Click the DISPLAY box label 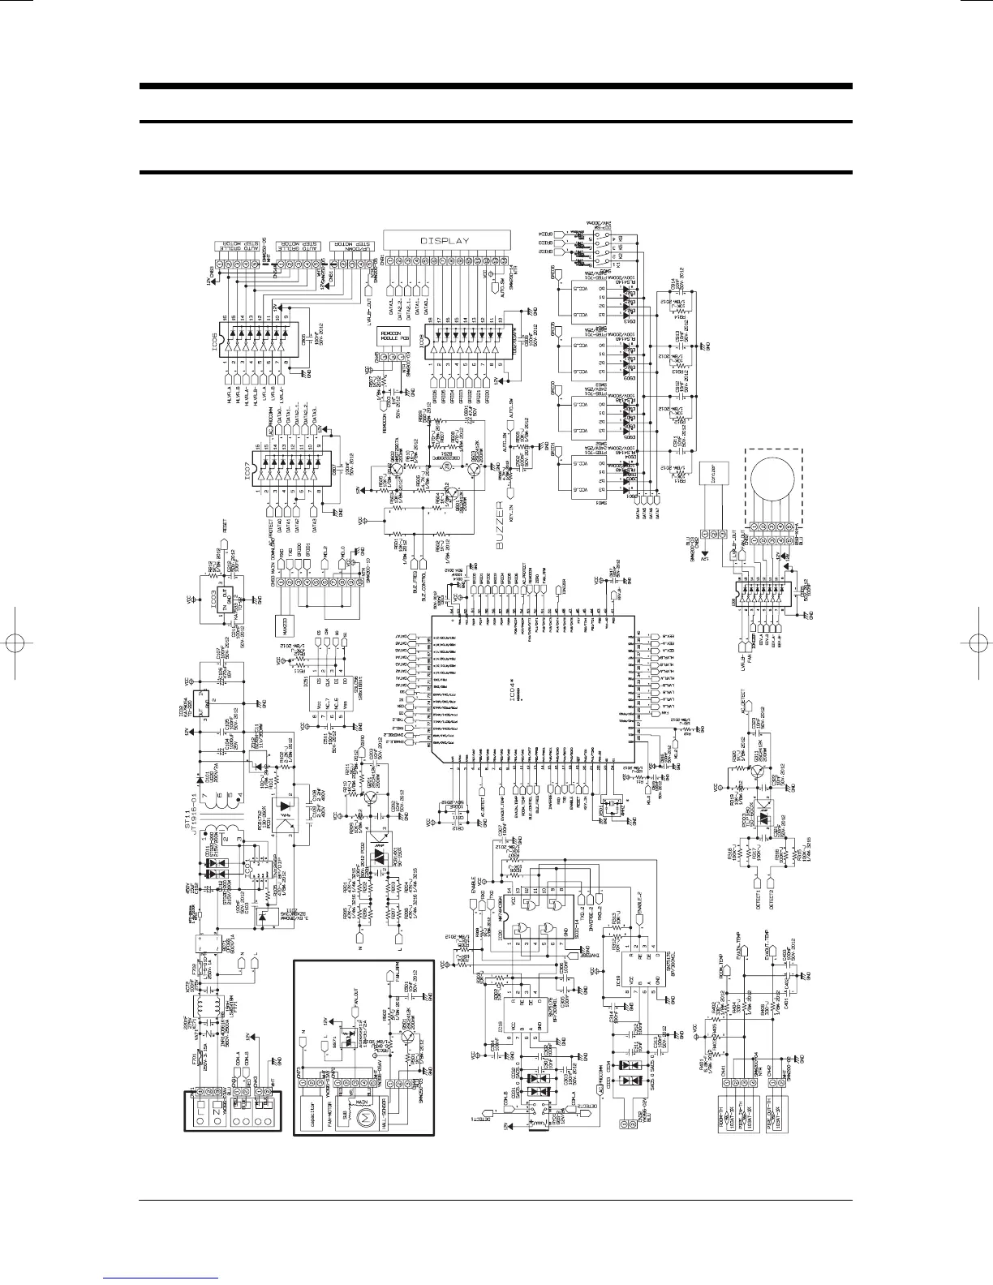click(x=445, y=241)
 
